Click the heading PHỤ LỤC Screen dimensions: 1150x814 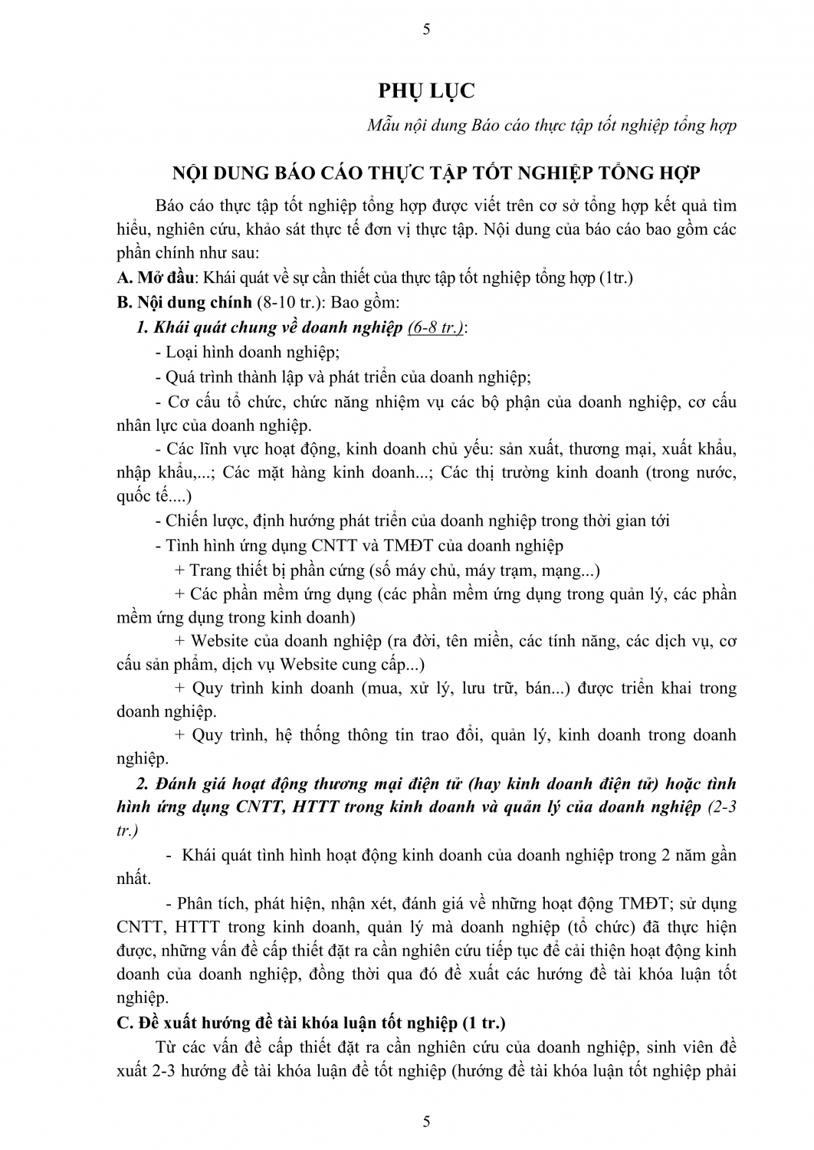427,90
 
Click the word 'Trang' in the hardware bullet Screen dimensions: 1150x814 210,570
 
